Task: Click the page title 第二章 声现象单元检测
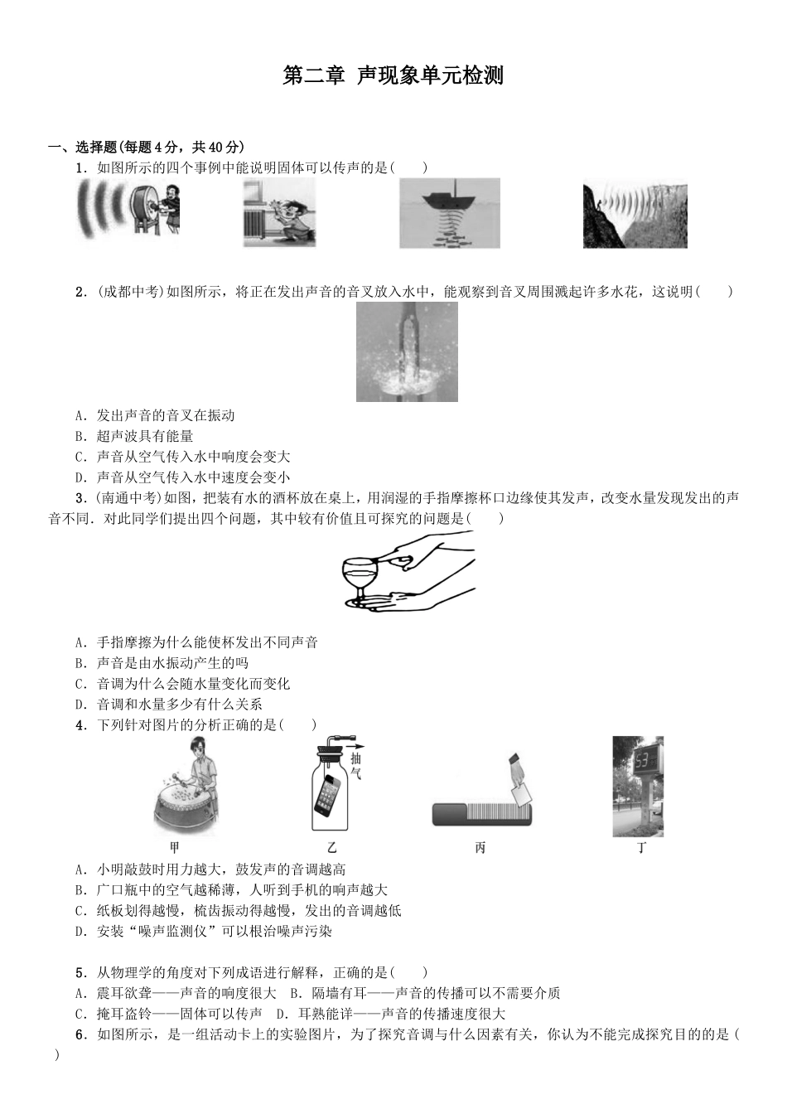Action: click(x=393, y=76)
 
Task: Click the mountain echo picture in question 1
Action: click(x=635, y=215)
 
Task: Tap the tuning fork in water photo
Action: click(x=407, y=351)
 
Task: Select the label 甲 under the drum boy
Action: click(x=174, y=848)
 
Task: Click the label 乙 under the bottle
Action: click(x=332, y=848)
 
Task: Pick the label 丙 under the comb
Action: click(x=480, y=848)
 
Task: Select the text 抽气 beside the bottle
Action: click(x=356, y=767)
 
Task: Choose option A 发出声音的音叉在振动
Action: click(x=157, y=415)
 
